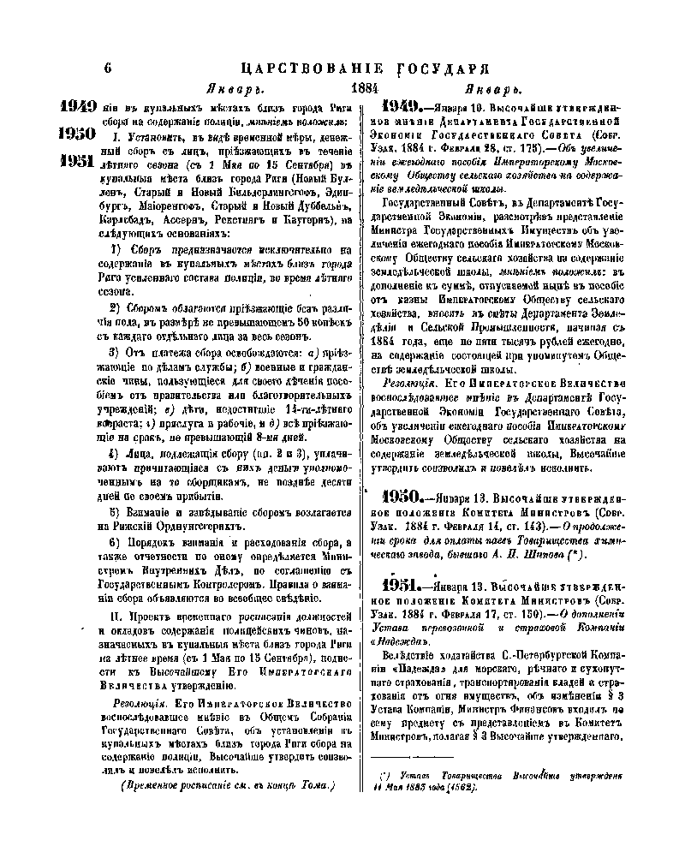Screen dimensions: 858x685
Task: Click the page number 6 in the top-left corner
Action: [x=108, y=69]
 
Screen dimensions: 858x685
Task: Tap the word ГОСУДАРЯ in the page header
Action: [x=442, y=69]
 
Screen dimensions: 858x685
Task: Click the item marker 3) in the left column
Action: [x=114, y=352]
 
